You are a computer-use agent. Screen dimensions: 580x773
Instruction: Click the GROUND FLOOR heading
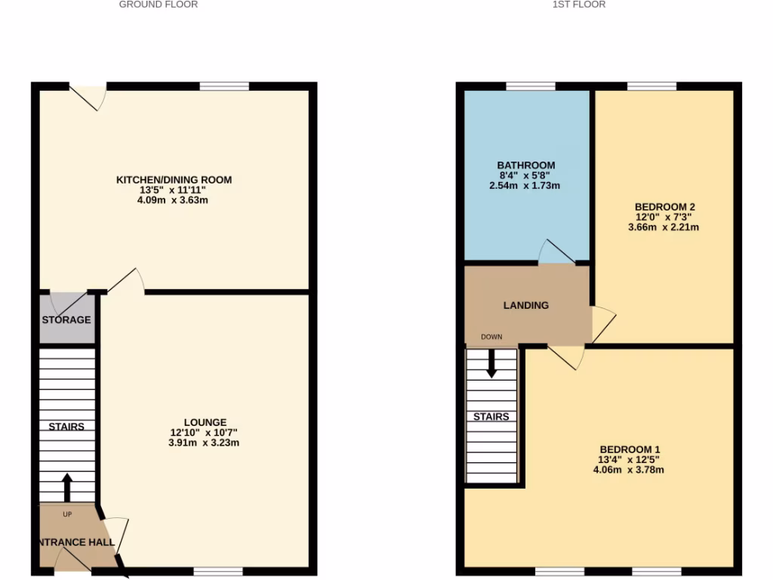pos(159,5)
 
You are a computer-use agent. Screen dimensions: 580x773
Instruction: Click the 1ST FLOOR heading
pos(579,5)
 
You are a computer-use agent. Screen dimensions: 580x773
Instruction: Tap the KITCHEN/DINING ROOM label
pos(174,180)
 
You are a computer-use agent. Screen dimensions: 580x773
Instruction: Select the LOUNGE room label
pos(205,422)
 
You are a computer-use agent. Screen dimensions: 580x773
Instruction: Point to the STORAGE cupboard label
pos(66,319)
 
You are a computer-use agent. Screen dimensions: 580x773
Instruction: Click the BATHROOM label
pos(526,165)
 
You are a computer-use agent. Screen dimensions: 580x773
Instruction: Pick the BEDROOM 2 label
pos(664,207)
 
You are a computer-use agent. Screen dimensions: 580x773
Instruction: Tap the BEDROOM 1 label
pos(629,449)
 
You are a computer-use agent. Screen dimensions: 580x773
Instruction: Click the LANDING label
pos(526,305)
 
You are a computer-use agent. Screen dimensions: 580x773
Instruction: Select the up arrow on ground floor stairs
pos(67,487)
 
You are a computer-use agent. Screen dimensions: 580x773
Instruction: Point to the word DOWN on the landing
pos(491,337)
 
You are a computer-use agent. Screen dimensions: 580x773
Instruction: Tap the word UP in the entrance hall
pos(67,514)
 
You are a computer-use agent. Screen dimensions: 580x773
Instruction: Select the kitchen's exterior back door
pos(88,97)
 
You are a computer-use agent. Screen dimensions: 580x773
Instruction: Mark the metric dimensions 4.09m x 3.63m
pos(174,201)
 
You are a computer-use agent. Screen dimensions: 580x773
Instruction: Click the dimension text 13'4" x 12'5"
pos(629,459)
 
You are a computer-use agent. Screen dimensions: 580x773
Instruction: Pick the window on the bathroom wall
pos(531,86)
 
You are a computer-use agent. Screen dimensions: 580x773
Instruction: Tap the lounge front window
pos(218,571)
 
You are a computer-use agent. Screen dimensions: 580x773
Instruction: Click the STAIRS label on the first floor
pos(491,417)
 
